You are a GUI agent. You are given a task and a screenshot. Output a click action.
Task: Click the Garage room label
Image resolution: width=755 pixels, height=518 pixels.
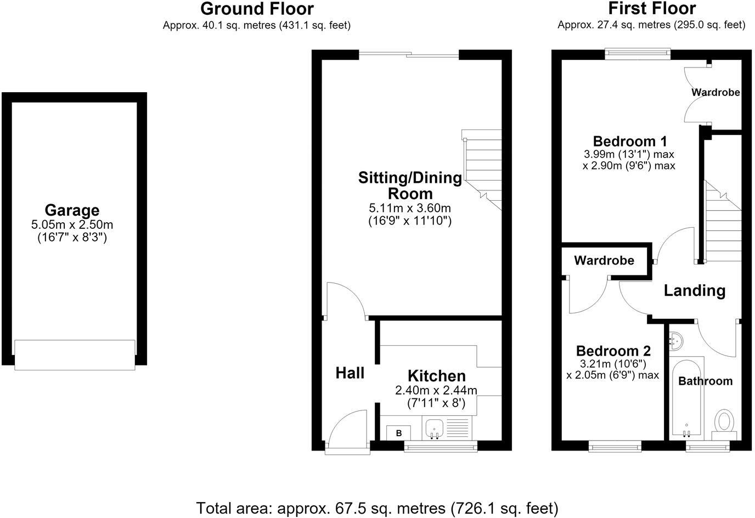tap(72, 210)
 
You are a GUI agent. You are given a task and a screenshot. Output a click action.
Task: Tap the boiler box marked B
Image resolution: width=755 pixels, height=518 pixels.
tap(398, 433)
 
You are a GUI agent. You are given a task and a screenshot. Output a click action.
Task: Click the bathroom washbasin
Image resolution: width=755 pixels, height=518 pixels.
tap(676, 341)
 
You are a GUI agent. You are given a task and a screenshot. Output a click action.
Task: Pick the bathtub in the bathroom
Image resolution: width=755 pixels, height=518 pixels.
tap(686, 398)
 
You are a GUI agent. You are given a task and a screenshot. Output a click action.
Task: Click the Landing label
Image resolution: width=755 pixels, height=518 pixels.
tap(695, 290)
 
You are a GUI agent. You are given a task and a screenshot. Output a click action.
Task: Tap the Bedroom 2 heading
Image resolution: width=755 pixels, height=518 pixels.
tap(613, 351)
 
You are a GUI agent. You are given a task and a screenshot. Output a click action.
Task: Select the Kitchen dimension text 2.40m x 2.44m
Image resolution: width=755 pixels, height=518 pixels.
tap(436, 390)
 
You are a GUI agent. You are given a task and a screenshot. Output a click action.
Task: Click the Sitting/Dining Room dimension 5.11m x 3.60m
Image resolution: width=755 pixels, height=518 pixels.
tap(410, 208)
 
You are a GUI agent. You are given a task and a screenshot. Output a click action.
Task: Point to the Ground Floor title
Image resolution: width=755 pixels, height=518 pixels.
tap(257, 9)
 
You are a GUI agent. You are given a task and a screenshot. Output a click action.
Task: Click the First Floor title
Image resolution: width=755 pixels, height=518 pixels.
tap(652, 8)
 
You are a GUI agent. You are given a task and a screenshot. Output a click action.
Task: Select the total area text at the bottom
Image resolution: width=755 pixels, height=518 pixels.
tap(377, 508)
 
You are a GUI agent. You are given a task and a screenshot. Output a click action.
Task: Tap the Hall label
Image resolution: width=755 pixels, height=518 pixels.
tap(350, 373)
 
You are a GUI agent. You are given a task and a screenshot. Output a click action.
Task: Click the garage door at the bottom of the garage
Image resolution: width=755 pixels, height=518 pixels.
tap(75, 355)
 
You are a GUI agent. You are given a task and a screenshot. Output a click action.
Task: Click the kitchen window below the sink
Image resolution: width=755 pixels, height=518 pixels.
tap(441, 446)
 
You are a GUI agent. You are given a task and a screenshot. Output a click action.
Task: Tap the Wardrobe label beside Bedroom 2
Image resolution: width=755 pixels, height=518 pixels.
tap(604, 261)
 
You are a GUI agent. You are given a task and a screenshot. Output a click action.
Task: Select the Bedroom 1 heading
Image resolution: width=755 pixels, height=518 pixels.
tap(630, 141)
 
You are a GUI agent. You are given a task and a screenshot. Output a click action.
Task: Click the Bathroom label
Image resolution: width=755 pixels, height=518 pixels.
tap(706, 381)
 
